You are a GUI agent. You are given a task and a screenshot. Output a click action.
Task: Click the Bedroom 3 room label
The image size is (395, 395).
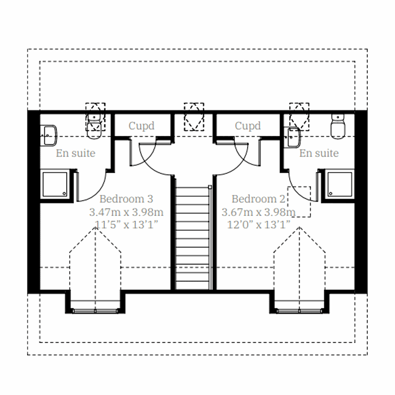pos(126,199)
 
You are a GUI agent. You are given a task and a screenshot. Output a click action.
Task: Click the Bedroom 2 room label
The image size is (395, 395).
pos(258,199)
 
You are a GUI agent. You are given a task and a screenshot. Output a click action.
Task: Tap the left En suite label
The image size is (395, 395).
pos(75,153)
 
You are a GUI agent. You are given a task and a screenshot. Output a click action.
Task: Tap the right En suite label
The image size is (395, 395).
pos(319,153)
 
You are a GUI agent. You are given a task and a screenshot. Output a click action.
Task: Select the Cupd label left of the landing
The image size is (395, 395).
pos(141,126)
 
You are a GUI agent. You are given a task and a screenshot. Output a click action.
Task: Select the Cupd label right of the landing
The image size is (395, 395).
pos(248,126)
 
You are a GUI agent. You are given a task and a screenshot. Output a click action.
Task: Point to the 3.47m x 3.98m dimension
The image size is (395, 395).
pos(126,212)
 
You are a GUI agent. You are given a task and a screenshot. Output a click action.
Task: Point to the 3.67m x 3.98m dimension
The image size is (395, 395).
pos(258,212)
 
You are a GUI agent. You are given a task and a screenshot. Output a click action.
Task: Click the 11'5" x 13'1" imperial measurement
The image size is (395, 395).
pos(126,225)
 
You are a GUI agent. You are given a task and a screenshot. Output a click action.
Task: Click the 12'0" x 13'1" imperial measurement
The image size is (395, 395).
pos(258,225)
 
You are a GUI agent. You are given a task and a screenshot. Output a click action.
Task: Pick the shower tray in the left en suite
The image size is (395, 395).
pos(55,184)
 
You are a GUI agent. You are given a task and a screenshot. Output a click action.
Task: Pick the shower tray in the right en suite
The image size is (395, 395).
pos(339,184)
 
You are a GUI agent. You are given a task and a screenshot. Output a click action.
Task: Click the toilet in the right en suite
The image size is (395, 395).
pos(338,127)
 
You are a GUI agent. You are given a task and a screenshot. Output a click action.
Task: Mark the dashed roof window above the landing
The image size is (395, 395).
pos(194,117)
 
